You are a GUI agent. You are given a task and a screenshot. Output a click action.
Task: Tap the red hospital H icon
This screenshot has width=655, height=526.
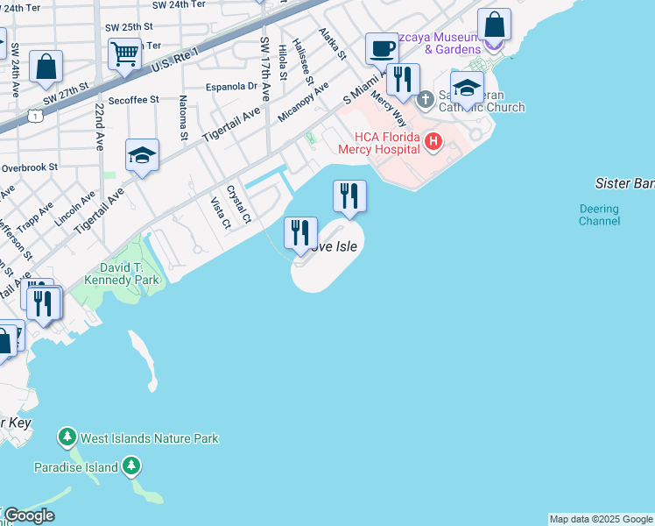tap(432, 141)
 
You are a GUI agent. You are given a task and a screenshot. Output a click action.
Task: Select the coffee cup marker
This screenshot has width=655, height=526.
tap(381, 48)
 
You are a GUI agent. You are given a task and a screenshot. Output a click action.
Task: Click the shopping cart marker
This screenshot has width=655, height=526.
tap(124, 53)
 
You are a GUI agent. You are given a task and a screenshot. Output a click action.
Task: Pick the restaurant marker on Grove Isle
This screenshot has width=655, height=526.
tap(300, 233)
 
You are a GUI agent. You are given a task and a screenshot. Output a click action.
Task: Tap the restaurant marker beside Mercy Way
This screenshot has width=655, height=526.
tap(403, 80)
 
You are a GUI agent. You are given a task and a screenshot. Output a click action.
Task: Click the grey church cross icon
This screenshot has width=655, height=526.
tap(426, 98)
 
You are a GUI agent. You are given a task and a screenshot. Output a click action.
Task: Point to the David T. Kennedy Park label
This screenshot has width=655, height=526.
tap(122, 273)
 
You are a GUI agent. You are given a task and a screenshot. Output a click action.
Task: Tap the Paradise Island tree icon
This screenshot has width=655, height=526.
tap(130, 466)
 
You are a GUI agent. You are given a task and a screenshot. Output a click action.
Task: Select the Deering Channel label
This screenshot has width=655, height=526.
tap(599, 215)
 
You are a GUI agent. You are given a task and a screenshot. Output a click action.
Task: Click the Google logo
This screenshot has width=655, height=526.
tap(28, 515)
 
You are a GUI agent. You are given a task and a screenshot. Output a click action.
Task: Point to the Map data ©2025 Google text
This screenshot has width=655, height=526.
tap(601, 519)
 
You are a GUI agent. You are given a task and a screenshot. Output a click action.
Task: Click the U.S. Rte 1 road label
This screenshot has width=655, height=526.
tap(175, 57)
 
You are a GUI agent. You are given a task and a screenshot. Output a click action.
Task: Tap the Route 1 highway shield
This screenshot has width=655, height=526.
tap(32, 115)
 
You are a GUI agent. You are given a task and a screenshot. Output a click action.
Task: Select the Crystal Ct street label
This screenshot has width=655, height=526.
tap(239, 203)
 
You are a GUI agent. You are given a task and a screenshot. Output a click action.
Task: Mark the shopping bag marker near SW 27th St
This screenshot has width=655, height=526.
tap(46, 67)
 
